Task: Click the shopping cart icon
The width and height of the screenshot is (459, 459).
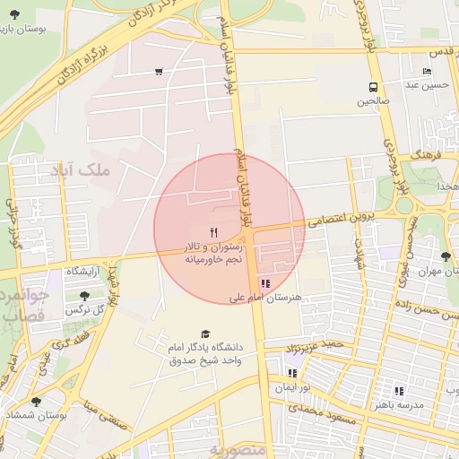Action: click(x=159, y=72)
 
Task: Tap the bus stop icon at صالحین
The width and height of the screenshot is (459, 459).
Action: click(x=372, y=87)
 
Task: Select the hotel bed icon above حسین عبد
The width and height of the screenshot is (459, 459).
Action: click(x=427, y=71)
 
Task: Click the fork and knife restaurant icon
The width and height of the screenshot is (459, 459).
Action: click(x=213, y=231)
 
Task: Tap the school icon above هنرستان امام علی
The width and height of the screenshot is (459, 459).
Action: click(x=264, y=283)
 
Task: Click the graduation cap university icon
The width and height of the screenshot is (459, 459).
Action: click(x=206, y=333)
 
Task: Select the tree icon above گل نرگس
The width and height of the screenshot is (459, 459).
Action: click(x=84, y=295)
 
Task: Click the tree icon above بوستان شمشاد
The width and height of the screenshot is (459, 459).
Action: click(x=36, y=402)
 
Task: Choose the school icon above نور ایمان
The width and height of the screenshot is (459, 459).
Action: click(x=292, y=373)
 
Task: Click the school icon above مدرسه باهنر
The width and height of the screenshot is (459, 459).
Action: click(x=399, y=391)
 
